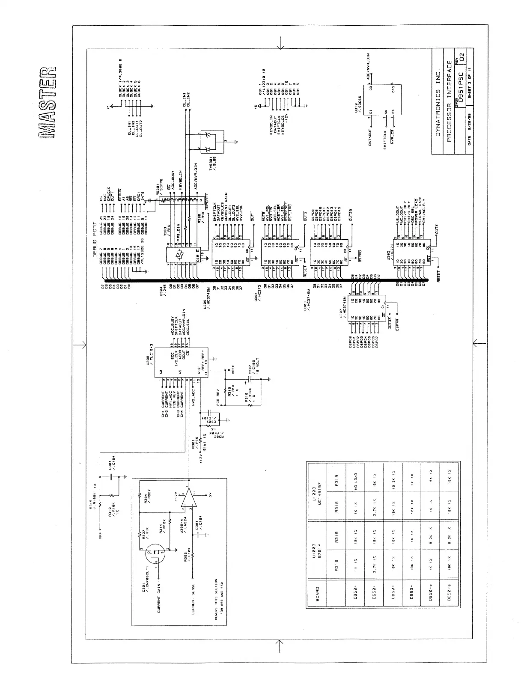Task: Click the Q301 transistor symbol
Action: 155,555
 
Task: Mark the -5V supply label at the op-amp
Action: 210,497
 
